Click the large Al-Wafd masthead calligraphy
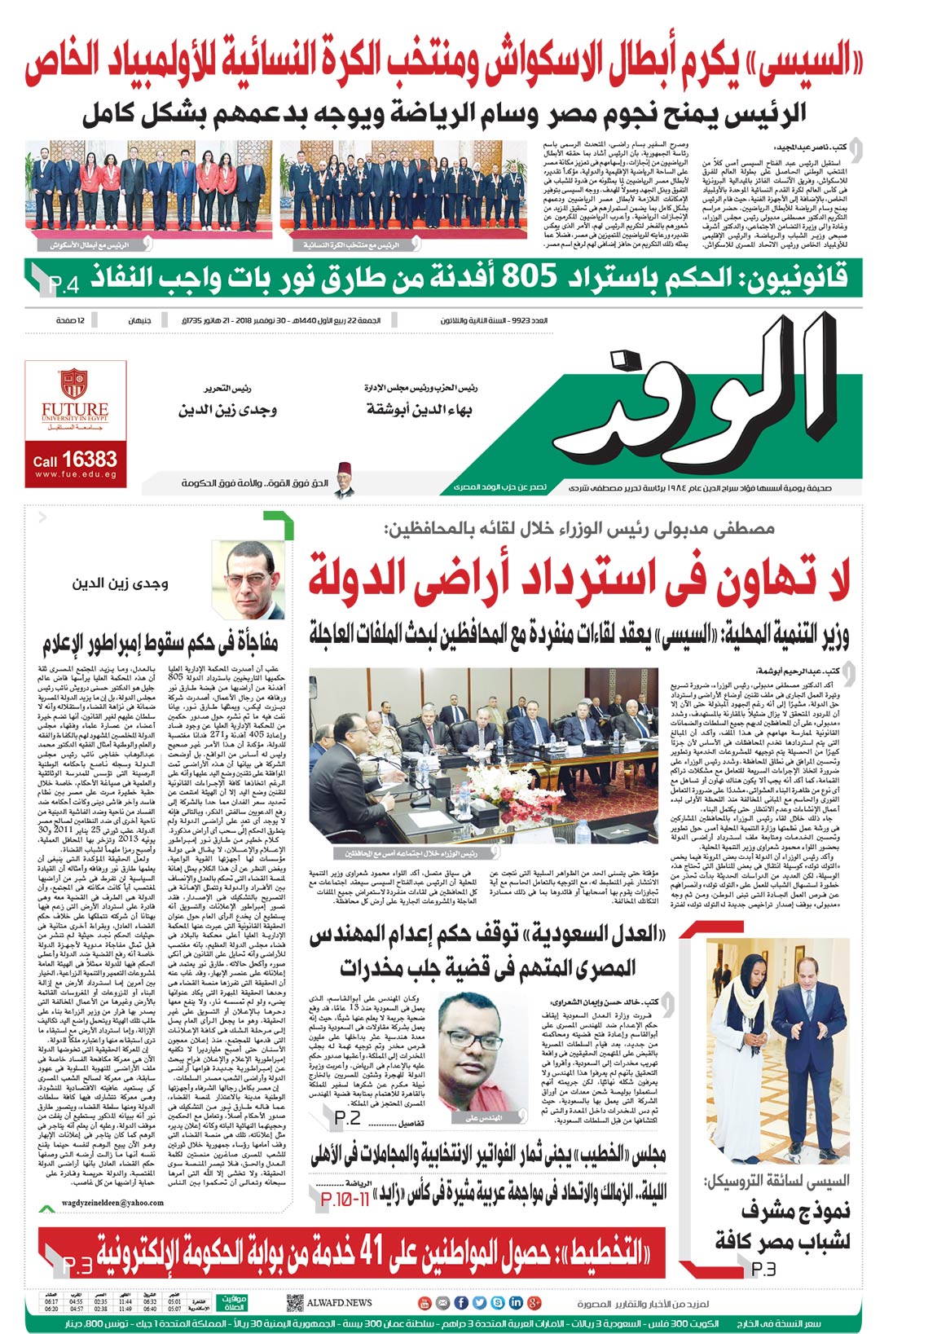[x=693, y=391]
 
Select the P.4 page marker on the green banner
[x=64, y=284]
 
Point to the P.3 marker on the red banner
[x=77, y=1266]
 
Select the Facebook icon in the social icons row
[x=460, y=1302]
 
